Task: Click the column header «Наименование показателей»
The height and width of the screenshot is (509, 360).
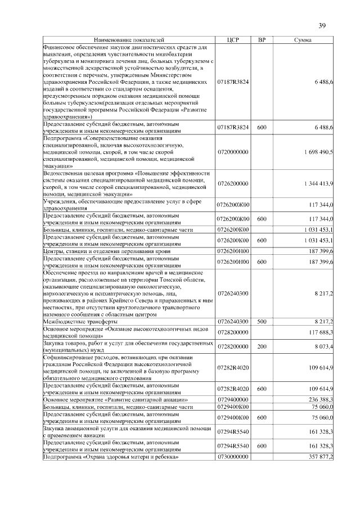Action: [x=129, y=40]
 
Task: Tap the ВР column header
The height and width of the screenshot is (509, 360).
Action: [x=262, y=40]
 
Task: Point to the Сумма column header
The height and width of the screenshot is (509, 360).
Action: [x=303, y=40]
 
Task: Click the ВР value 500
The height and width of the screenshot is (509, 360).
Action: [x=262, y=321]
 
